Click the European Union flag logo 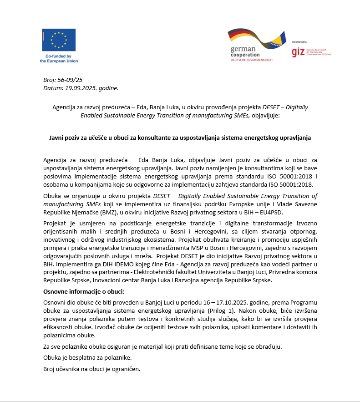coord(59,40)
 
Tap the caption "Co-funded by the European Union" coord(59,59)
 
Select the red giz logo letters coord(298,51)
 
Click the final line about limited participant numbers coord(91,369)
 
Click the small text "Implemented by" coord(299,41)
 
